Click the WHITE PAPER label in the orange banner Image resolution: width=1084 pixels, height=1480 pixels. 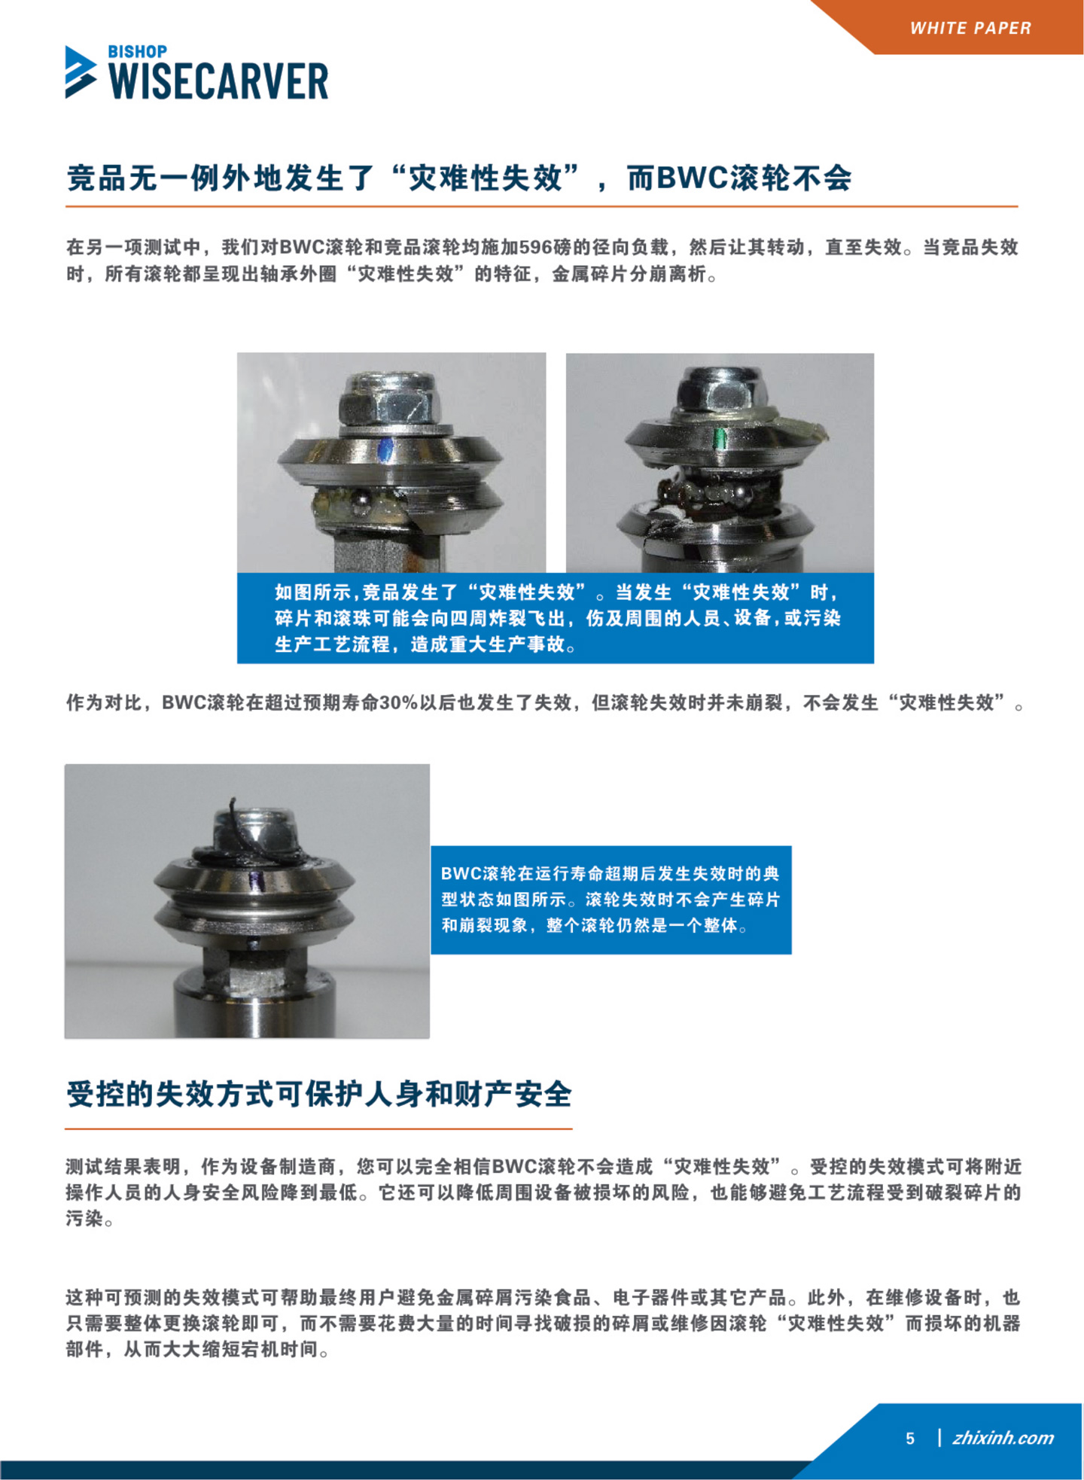pyautogui.click(x=970, y=28)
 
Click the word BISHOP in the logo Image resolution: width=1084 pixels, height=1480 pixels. pyautogui.click(x=138, y=51)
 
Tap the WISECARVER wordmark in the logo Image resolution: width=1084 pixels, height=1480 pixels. pyautogui.click(x=219, y=81)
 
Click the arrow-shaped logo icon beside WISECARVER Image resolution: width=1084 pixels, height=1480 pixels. pyautogui.click(x=81, y=72)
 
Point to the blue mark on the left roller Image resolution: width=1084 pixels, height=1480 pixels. pyautogui.click(x=385, y=450)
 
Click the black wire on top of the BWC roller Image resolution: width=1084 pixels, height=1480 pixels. pyautogui.click(x=248, y=839)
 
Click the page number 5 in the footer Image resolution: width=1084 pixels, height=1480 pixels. pyautogui.click(x=910, y=1439)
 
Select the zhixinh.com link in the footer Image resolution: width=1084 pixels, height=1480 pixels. pyautogui.click(x=1003, y=1438)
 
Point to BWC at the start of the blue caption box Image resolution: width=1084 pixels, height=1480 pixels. pyautogui.click(x=461, y=874)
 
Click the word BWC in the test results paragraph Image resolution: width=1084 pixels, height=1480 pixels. pyautogui.click(x=512, y=1167)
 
